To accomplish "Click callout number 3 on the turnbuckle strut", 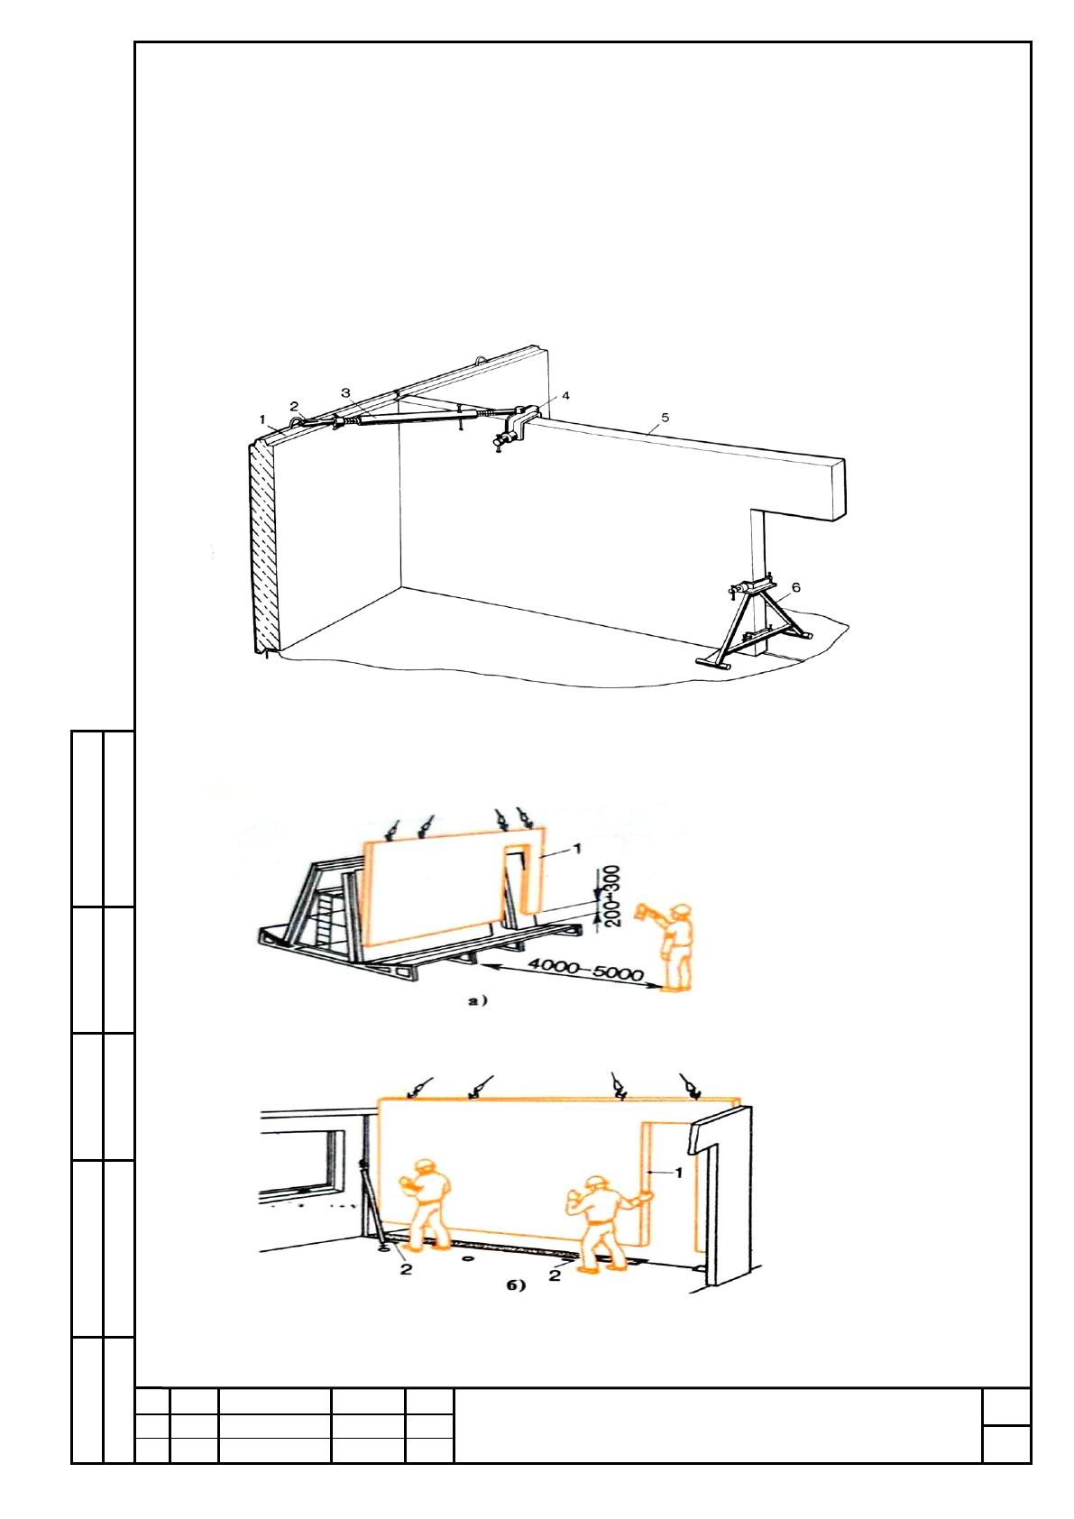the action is [345, 392].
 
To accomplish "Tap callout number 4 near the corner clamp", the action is [565, 395].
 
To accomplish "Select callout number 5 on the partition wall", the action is [666, 417].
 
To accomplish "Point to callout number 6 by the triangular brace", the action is [796, 586].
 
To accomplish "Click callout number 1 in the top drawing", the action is [262, 419].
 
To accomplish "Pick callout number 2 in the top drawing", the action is [294, 406].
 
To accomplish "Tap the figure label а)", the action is [477, 1001].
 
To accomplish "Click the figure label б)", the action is [516, 1285].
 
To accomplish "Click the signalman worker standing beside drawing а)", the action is [670, 946].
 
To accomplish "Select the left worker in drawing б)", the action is [427, 1201].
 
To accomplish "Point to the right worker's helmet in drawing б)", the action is [597, 1182].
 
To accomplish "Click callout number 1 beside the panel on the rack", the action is [577, 848].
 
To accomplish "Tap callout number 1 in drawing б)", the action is [679, 1171].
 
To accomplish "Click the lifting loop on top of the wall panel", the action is [480, 356].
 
